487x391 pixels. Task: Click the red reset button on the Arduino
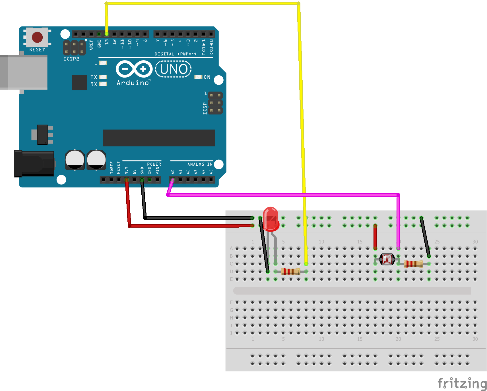coord(37,37)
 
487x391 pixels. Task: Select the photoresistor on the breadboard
coord(387,259)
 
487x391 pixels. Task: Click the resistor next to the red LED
coord(290,271)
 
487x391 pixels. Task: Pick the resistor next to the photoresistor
coord(413,264)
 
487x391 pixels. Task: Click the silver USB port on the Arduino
coord(24,72)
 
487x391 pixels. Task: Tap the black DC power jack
coord(34,164)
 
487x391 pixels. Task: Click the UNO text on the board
coord(174,69)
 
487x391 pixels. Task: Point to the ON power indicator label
coord(207,77)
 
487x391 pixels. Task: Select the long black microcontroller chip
coord(159,138)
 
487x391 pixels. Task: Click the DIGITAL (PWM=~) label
coord(176,54)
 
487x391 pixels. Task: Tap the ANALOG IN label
coord(200,164)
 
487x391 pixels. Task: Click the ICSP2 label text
coord(71,59)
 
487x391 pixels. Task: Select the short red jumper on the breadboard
coord(375,237)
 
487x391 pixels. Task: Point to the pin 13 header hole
coord(107,34)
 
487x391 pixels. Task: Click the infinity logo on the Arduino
coord(134,69)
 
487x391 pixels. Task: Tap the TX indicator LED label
coord(94,77)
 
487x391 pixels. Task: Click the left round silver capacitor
coord(75,159)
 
